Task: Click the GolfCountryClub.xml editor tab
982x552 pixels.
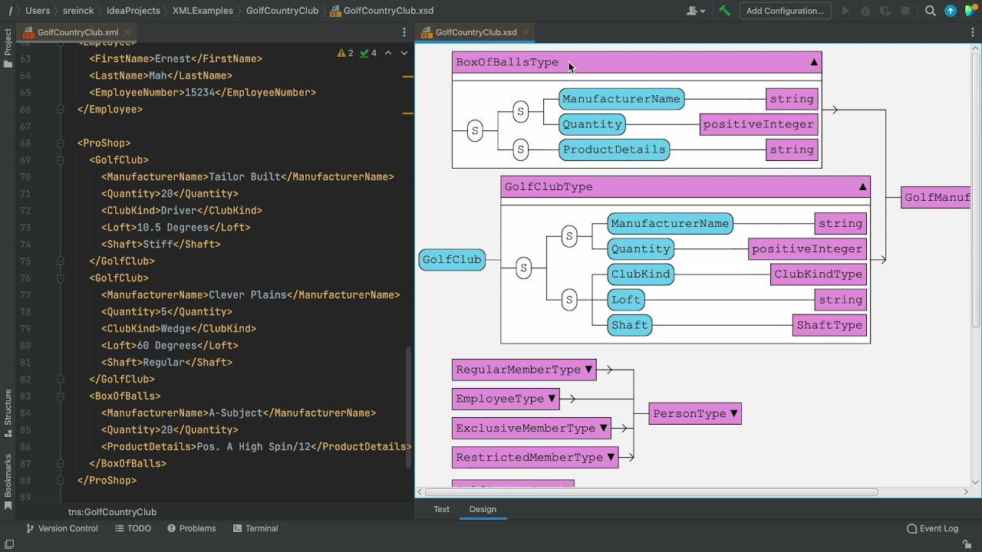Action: click(77, 32)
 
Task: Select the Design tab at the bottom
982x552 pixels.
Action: click(483, 509)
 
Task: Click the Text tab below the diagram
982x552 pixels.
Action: click(441, 509)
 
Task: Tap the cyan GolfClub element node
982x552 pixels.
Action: click(452, 260)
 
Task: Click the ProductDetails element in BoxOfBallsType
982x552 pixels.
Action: click(614, 149)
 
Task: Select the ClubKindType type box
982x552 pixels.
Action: click(818, 274)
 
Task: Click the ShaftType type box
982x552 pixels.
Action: click(829, 325)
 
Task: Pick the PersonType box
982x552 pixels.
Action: click(694, 414)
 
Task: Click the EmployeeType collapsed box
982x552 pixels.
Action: click(505, 399)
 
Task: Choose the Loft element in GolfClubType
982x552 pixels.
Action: click(626, 300)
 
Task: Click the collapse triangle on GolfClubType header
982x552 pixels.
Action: click(862, 186)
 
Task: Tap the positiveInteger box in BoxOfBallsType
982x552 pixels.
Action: click(758, 124)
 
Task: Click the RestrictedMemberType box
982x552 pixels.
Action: click(535, 458)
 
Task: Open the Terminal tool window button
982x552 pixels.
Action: click(255, 528)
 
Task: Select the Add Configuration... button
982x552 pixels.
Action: click(785, 11)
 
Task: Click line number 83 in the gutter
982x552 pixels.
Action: click(26, 396)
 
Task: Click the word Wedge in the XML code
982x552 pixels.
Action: click(176, 329)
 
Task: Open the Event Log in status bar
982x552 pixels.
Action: click(932, 528)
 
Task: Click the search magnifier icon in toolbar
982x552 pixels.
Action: click(930, 11)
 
